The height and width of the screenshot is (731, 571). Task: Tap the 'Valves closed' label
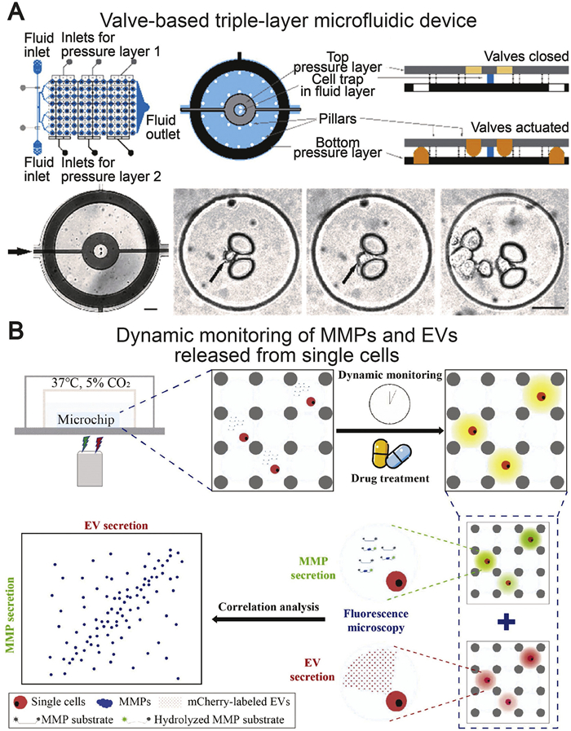[526, 56]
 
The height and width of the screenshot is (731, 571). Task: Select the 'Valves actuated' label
[520, 127]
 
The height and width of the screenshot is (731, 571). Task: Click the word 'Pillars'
[338, 119]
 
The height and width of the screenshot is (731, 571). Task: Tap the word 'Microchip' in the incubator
[86, 420]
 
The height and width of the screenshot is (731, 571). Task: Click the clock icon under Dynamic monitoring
[390, 403]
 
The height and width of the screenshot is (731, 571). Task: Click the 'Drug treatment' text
[390, 478]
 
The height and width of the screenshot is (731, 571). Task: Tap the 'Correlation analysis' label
[268, 607]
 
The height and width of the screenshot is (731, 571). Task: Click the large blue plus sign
[507, 623]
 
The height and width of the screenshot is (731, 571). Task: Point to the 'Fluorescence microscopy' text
[376, 620]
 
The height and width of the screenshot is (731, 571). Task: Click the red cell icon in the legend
[20, 702]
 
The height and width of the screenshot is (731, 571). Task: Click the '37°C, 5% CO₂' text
[91, 383]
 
